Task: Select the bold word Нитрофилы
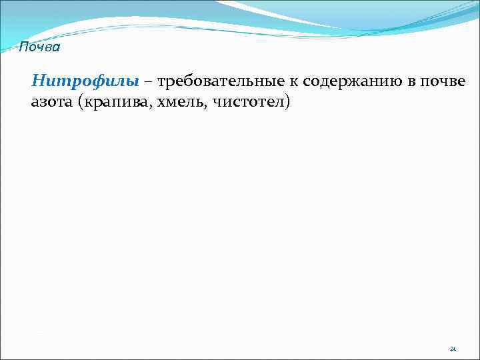[85, 81]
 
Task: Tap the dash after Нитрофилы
[148, 82]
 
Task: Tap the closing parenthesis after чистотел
[287, 102]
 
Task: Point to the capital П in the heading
[23, 47]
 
